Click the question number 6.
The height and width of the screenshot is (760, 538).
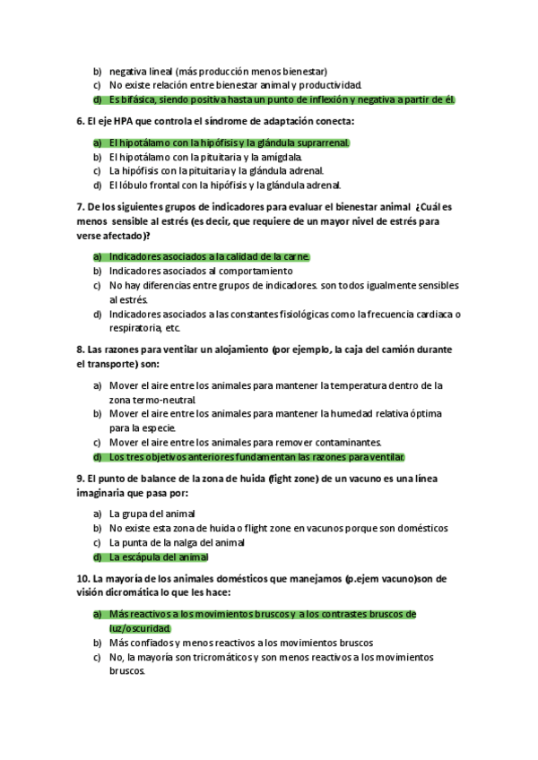(81, 121)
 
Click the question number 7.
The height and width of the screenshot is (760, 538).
(81, 207)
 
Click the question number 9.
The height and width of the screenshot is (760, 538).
(81, 479)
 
